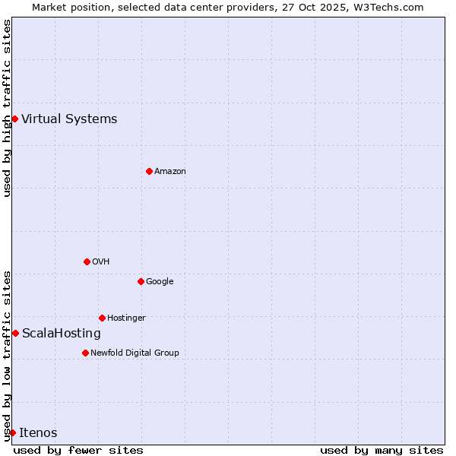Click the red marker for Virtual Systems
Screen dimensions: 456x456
[14, 119]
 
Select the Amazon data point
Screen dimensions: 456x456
[149, 171]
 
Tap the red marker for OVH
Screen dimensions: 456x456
[87, 261]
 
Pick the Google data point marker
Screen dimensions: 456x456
[141, 281]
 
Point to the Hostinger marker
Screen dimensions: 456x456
[102, 318]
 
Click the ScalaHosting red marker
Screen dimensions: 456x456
[15, 333]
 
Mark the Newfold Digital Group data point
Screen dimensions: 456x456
[85, 353]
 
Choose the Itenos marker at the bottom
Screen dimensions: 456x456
[12, 432]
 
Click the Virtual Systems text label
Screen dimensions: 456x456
[69, 119]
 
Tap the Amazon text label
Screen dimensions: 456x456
[170, 171]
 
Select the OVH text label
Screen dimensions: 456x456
[101, 261]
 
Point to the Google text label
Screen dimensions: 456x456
[160, 281]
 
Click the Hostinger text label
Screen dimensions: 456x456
[126, 318]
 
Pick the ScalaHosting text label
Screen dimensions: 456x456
[62, 333]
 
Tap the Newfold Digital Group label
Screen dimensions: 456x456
[135, 353]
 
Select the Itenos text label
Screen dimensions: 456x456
[38, 432]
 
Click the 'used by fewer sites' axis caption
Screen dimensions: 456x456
[78, 450]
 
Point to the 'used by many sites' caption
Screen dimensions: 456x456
[382, 450]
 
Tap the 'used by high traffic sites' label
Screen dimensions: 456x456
[7, 108]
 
